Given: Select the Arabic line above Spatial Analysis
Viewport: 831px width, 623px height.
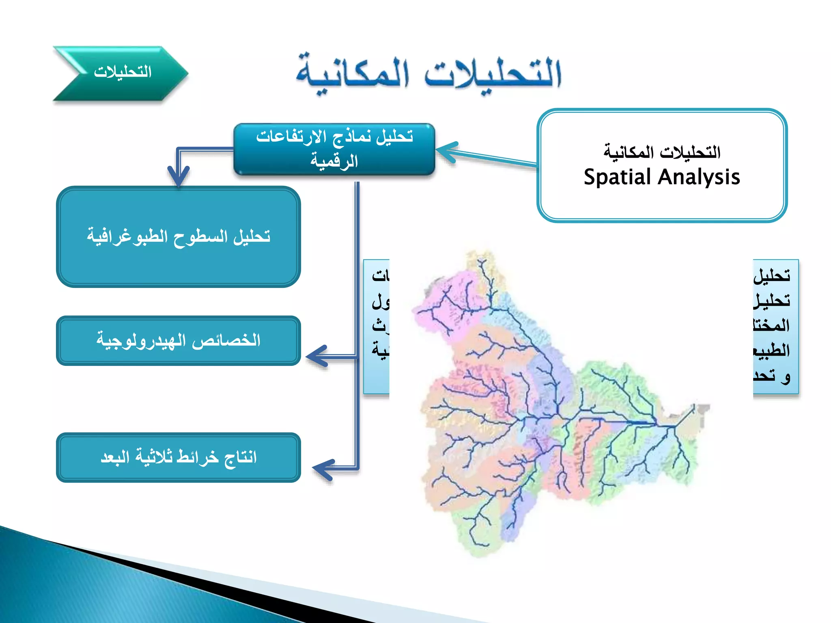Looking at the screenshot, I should click(662, 153).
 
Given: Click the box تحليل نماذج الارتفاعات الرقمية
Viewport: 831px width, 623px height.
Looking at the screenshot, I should click(334, 149).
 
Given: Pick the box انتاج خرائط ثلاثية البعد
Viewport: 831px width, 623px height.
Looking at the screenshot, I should click(179, 458).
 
